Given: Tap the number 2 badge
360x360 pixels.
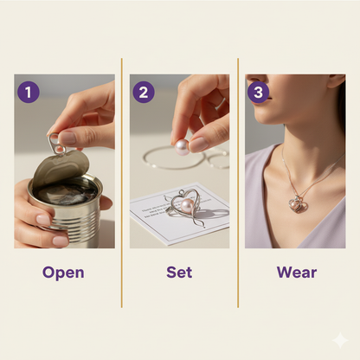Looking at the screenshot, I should coord(145,93).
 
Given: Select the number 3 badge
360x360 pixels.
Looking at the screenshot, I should coord(258,93).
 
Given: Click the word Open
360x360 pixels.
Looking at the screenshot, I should coord(64,273).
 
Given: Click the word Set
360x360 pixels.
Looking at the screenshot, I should coord(179,273).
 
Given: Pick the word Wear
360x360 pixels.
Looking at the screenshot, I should coord(296,273).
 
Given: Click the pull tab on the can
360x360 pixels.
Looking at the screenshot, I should coord(55,142).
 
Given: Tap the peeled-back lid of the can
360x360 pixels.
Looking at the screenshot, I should coord(73,164).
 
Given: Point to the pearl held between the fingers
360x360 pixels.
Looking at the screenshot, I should coord(183,147).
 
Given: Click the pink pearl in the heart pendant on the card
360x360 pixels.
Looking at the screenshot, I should coord(184,205).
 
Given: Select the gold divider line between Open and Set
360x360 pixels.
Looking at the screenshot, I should coord(122,182).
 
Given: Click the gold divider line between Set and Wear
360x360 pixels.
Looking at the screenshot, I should coord(238,182).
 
